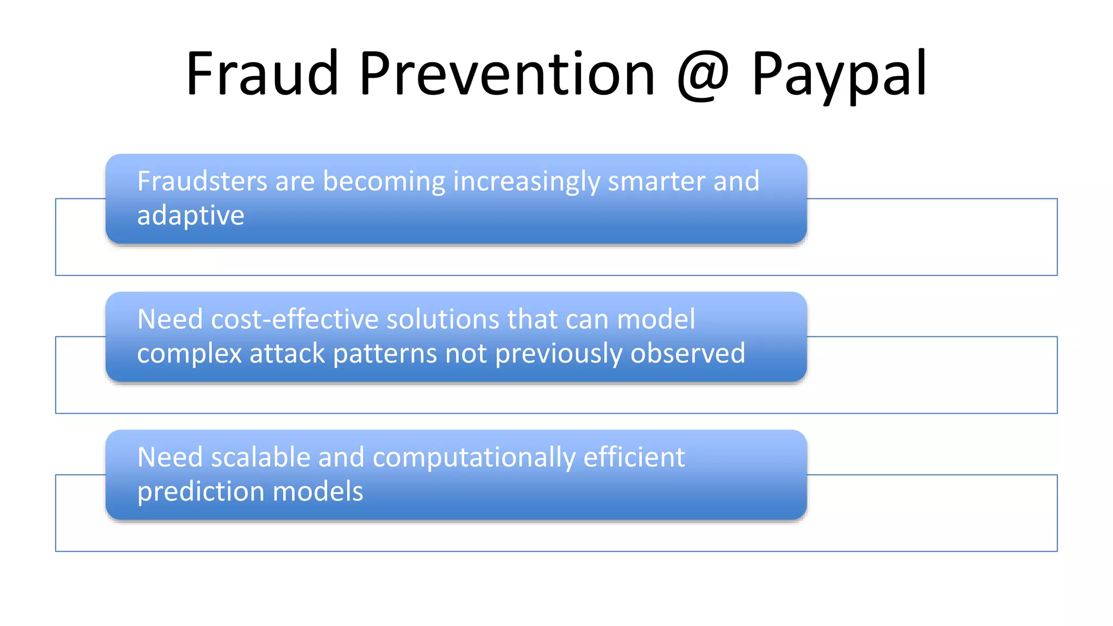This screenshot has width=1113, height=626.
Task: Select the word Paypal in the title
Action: (839, 74)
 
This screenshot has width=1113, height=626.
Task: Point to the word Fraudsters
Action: (202, 181)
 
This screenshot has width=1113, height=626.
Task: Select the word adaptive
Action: (190, 216)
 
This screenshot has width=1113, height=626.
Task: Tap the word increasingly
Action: (526, 182)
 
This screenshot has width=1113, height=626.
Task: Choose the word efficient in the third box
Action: (634, 457)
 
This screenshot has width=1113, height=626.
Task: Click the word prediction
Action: (201, 492)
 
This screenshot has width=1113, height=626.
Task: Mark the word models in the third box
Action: (317, 492)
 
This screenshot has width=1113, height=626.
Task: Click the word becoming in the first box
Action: (384, 182)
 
